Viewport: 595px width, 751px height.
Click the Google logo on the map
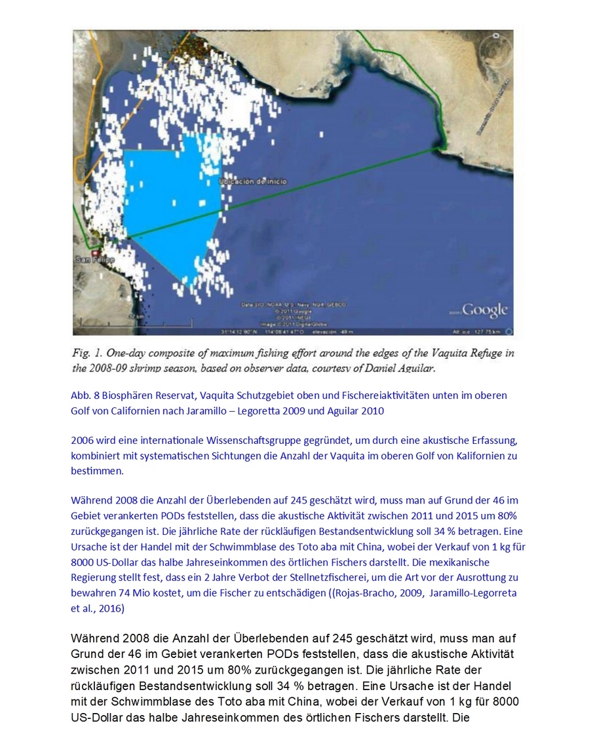[x=484, y=310]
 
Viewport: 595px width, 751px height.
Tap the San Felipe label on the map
[x=94, y=260]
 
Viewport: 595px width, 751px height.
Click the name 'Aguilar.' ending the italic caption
[x=415, y=369]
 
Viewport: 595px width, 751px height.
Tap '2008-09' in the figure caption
[x=109, y=369]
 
